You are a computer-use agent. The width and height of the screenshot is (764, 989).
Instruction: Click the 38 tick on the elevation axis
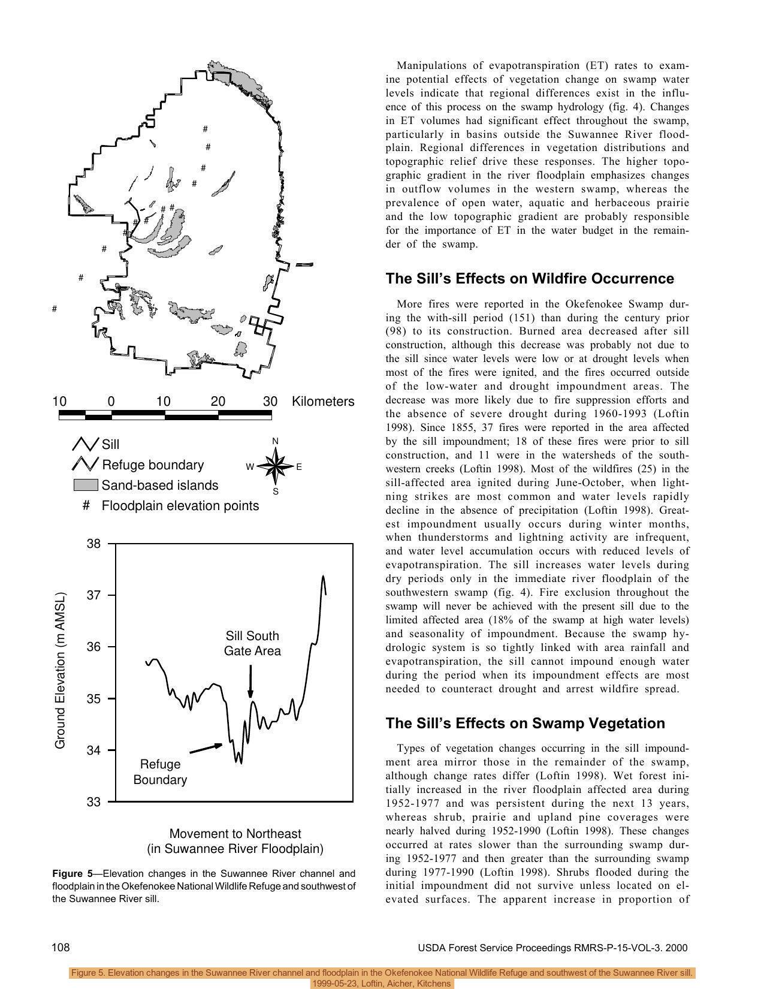(94, 544)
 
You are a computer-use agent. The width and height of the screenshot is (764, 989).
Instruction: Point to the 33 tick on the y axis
(94, 802)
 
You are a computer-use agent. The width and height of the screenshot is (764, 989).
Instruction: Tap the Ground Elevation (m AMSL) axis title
(60, 671)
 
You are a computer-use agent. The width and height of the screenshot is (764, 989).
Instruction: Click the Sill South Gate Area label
(252, 643)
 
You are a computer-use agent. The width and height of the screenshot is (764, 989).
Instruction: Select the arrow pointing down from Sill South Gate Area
(250, 683)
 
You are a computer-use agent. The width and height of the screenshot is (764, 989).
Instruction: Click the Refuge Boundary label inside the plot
(160, 772)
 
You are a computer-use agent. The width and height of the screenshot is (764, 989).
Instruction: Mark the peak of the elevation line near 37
(323, 577)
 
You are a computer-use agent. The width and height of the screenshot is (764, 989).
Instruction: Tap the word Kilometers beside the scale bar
(322, 402)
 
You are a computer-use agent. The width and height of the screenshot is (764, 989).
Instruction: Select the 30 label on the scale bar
(270, 402)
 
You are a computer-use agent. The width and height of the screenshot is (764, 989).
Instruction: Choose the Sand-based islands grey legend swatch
(85, 485)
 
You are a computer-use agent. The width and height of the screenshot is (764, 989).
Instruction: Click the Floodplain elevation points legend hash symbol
(86, 506)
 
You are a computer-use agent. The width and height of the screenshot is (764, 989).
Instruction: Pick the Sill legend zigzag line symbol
(85, 444)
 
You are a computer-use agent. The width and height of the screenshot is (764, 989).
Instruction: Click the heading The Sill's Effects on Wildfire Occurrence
(530, 279)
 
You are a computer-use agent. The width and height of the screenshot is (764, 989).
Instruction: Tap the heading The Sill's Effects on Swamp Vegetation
(525, 723)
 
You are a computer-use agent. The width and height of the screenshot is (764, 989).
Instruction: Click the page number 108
(61, 948)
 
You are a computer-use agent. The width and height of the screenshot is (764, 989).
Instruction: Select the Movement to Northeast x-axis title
(235, 834)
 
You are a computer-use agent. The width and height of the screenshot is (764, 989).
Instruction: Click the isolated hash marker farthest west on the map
(55, 309)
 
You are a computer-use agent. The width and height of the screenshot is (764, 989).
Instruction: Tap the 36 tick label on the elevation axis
(94, 647)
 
